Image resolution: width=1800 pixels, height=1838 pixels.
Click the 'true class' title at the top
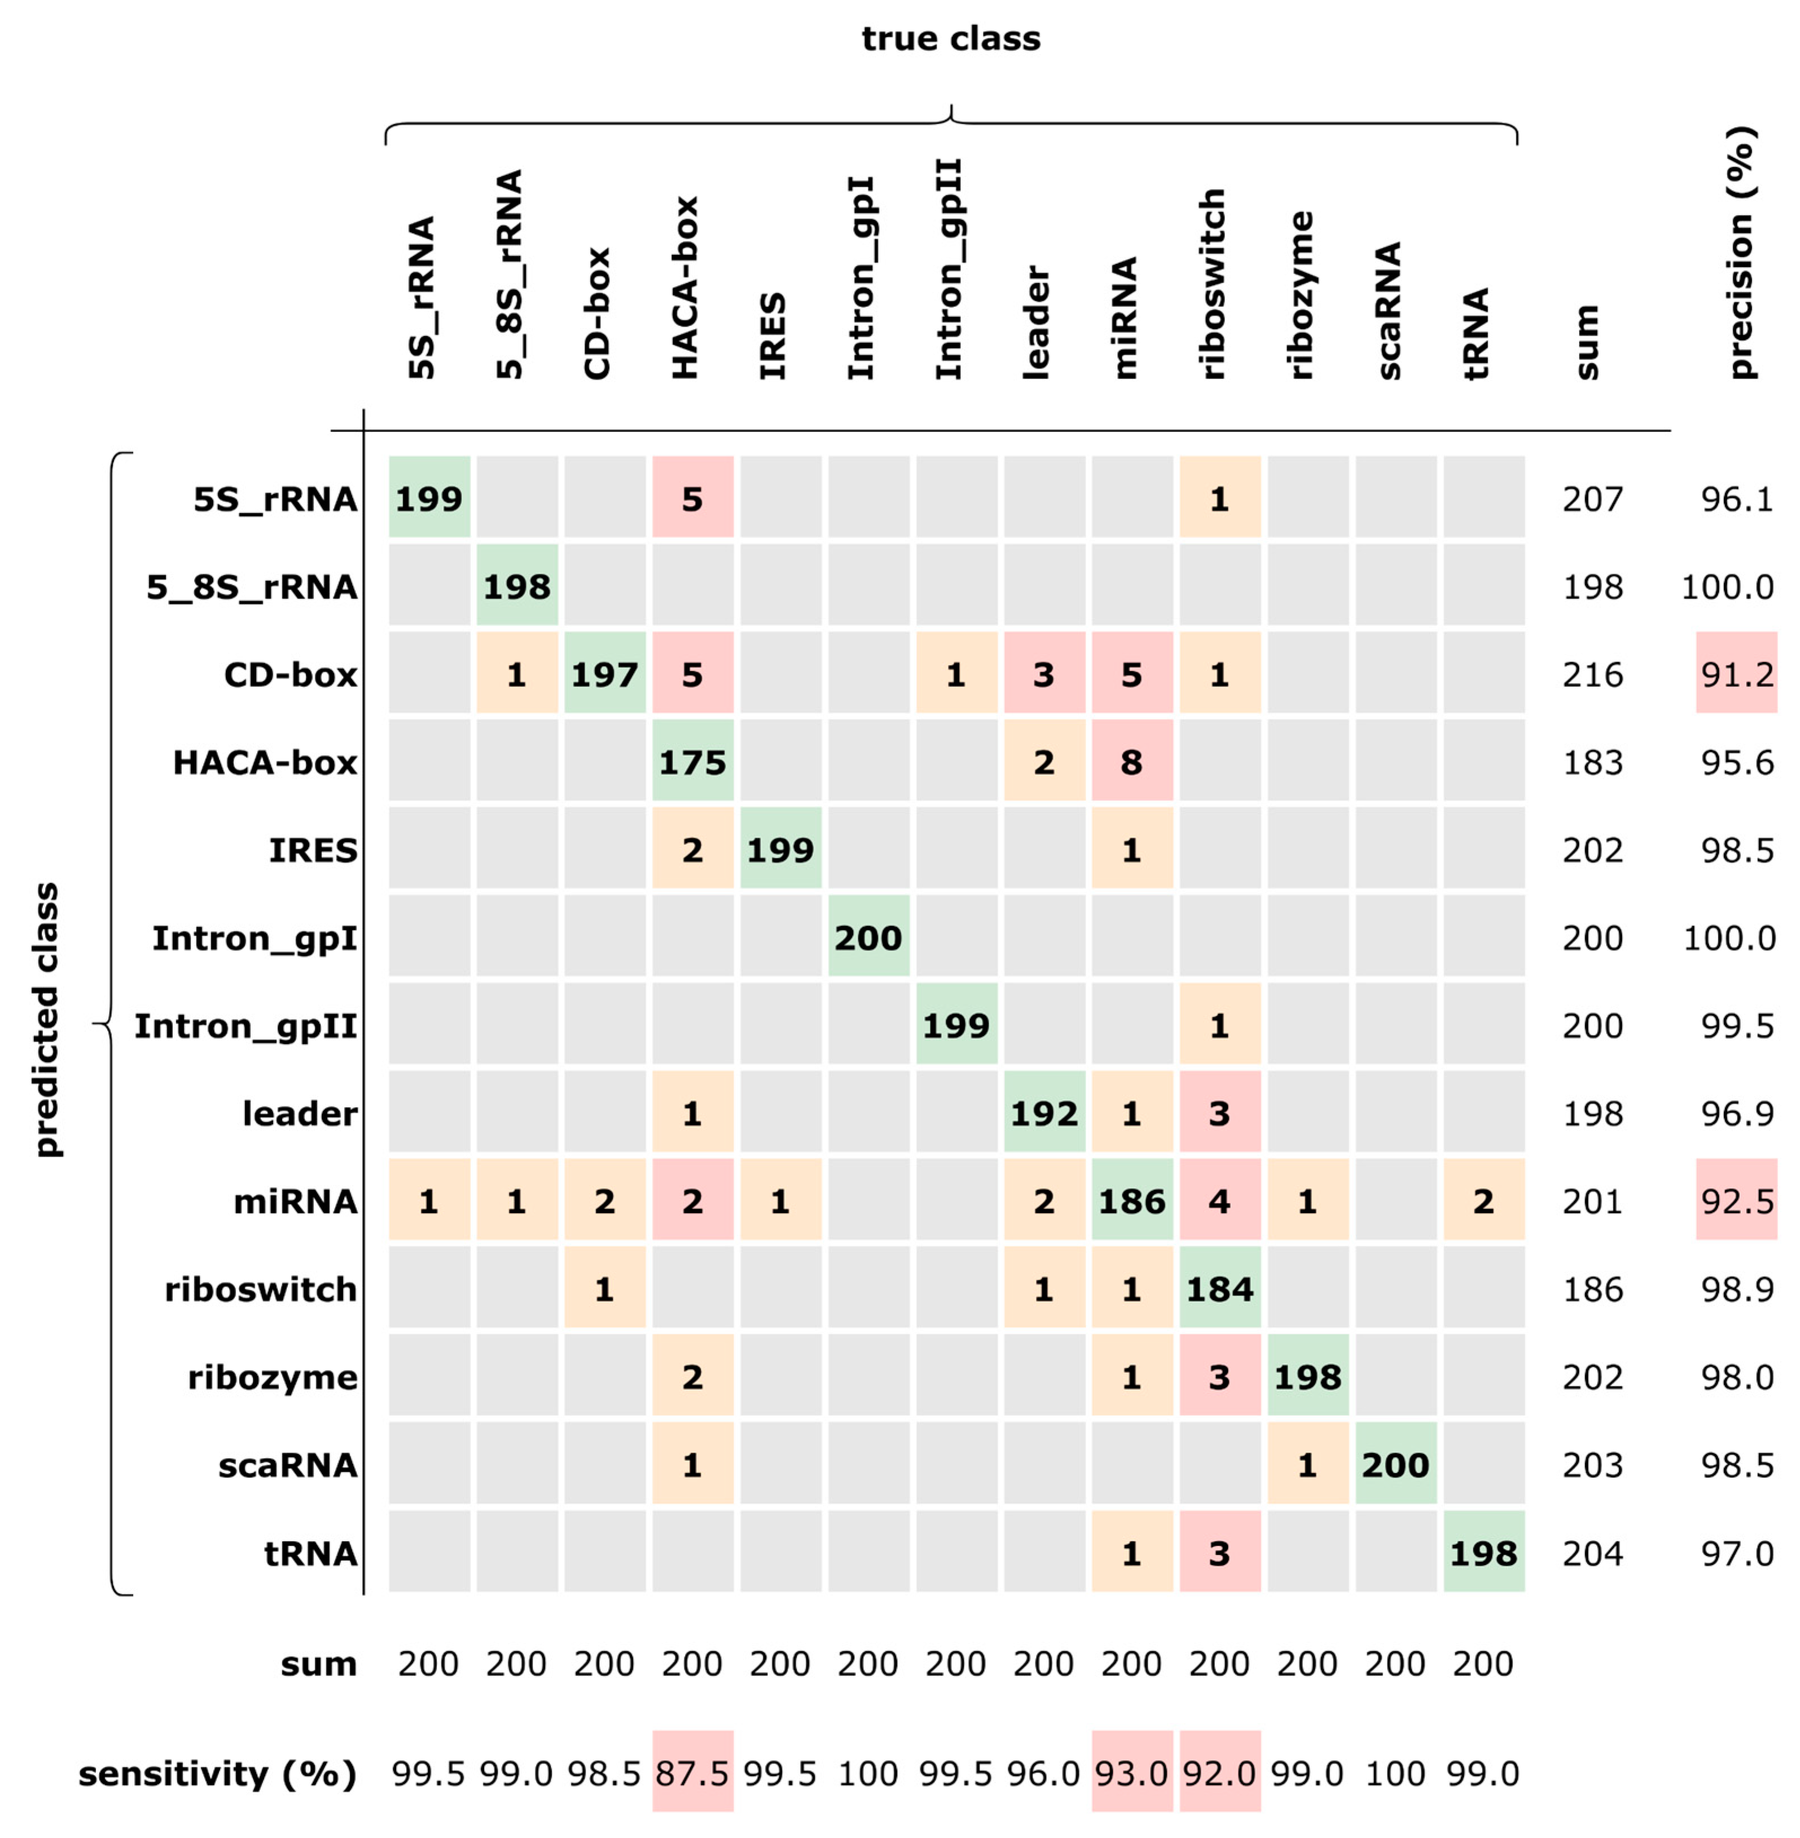950,39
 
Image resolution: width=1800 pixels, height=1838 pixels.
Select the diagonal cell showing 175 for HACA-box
692,762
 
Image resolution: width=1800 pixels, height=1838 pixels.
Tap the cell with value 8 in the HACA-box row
1131,762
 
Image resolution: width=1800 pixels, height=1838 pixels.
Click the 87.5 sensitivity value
692,1774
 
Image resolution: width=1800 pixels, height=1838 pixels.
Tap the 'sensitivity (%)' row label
217,1774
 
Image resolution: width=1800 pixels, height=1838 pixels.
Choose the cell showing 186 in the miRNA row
1131,1201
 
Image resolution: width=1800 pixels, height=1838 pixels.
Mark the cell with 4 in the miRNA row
1219,1201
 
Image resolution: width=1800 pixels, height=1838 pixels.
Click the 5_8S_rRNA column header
508,274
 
